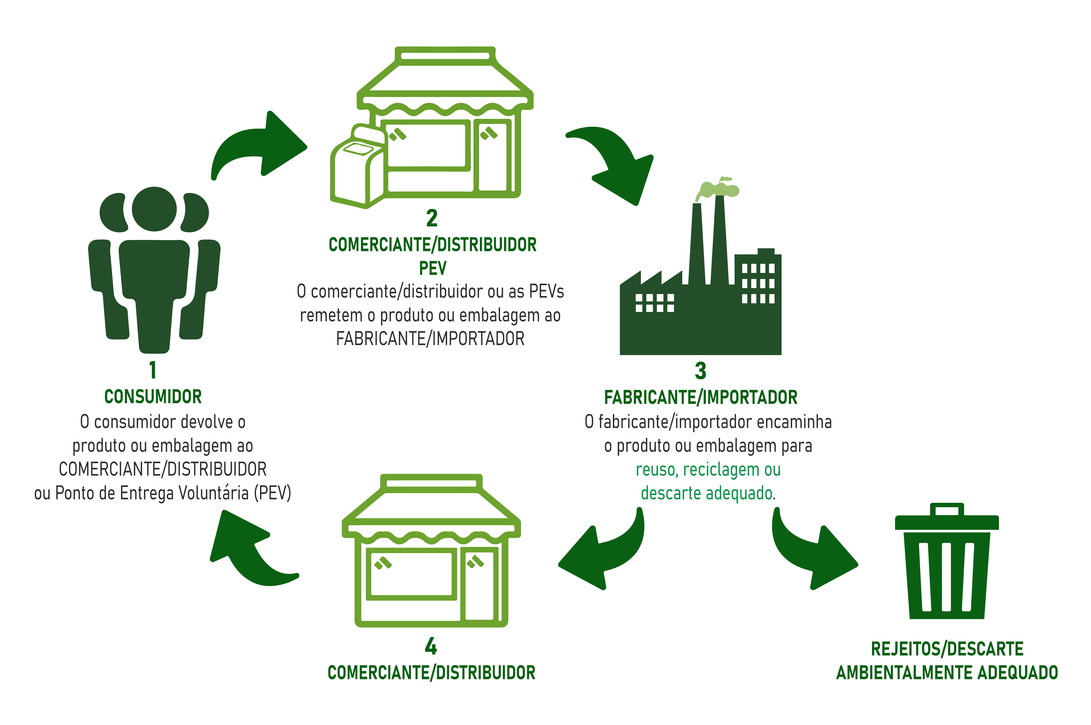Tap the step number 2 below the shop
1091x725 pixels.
pyautogui.click(x=432, y=218)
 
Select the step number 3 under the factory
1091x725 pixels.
pyautogui.click(x=700, y=371)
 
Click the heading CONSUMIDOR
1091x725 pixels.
pyautogui.click(x=153, y=397)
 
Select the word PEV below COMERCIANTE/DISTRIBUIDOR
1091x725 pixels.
pyautogui.click(x=432, y=268)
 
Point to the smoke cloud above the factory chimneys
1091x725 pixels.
pyautogui.click(x=719, y=189)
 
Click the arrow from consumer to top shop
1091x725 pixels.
pyautogui.click(x=259, y=146)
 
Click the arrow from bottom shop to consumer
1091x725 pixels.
pyautogui.click(x=250, y=550)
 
